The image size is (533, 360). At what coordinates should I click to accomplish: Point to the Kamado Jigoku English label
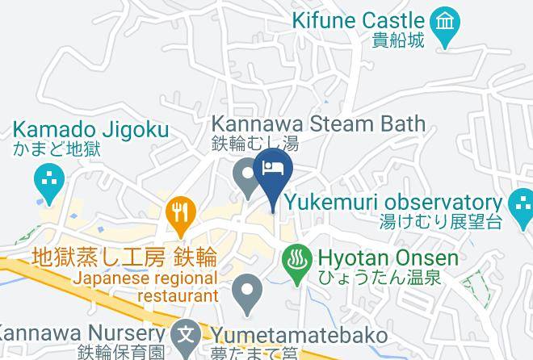coord(90,129)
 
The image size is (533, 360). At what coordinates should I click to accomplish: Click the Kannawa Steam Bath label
coord(318,124)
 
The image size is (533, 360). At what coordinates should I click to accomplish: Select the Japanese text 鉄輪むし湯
coord(255,144)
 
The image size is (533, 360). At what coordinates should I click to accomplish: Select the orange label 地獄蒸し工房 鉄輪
coord(124,257)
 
